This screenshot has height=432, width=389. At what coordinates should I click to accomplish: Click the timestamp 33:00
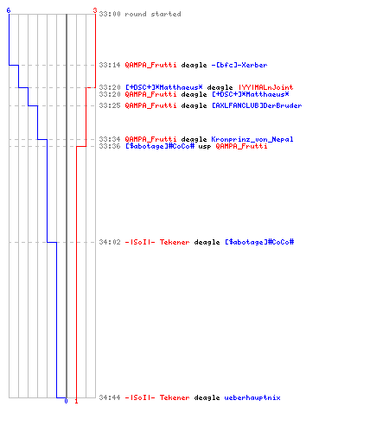coord(110,14)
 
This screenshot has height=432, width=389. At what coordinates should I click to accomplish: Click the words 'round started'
coord(153,14)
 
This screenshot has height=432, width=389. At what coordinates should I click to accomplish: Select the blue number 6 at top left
coord(9,10)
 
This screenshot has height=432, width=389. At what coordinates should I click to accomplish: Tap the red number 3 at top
coord(95,10)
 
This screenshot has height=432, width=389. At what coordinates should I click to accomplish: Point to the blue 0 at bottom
coord(66,401)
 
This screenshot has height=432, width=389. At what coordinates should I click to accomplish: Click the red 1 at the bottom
coord(76,401)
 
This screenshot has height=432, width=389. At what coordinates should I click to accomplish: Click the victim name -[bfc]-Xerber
coord(239,65)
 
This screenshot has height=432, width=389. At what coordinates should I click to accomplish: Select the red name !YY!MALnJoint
coord(265,87)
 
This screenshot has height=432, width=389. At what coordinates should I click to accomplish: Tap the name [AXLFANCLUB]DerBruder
coord(257,105)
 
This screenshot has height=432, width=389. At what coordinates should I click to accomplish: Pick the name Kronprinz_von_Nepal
coord(252,139)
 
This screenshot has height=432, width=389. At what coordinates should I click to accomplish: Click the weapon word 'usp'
coord(205,147)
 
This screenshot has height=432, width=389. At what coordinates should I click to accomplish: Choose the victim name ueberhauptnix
coord(252,397)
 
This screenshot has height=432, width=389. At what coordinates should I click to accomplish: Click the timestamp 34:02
coord(110,242)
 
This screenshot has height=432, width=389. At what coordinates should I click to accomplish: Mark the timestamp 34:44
coord(110,397)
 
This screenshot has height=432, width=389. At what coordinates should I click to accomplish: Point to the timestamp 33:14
coord(110,65)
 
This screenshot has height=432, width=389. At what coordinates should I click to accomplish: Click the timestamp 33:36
coord(110,146)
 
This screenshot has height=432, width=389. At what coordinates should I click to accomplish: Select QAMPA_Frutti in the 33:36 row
coord(241,146)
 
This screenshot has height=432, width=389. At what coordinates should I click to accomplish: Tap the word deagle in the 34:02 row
coord(207,243)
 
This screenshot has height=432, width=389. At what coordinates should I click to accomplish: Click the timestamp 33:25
coord(110,105)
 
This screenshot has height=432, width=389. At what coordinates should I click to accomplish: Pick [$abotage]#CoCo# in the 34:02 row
coord(259,242)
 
